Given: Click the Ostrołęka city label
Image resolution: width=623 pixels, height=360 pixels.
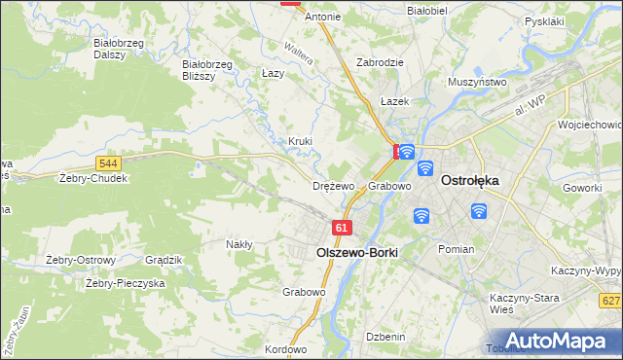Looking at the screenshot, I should (470, 180).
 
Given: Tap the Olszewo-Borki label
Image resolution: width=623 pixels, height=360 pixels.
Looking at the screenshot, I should (357, 251).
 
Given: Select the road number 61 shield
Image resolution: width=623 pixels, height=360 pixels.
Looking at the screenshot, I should (340, 228).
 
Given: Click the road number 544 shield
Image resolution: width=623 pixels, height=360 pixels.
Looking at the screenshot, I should (109, 162).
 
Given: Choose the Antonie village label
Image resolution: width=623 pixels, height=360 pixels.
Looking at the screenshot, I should (323, 17).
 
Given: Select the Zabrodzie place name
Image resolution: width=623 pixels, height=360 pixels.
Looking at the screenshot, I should (380, 61).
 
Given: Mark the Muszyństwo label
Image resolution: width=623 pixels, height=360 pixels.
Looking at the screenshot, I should (477, 83).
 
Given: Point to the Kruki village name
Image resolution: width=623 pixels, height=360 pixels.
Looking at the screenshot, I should (300, 141).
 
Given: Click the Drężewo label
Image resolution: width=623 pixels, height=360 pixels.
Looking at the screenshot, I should (332, 186).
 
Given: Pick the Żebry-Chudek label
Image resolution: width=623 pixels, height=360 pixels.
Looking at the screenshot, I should (93, 179).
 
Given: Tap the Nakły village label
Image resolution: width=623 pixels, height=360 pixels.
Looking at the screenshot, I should (239, 244).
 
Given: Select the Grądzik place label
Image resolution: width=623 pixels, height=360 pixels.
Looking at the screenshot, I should (164, 260).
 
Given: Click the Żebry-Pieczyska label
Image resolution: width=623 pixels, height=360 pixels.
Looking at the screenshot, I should (125, 283).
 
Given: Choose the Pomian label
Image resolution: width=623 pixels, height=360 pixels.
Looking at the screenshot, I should (456, 249).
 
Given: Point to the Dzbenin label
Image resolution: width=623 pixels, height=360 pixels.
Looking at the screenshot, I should (385, 337).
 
